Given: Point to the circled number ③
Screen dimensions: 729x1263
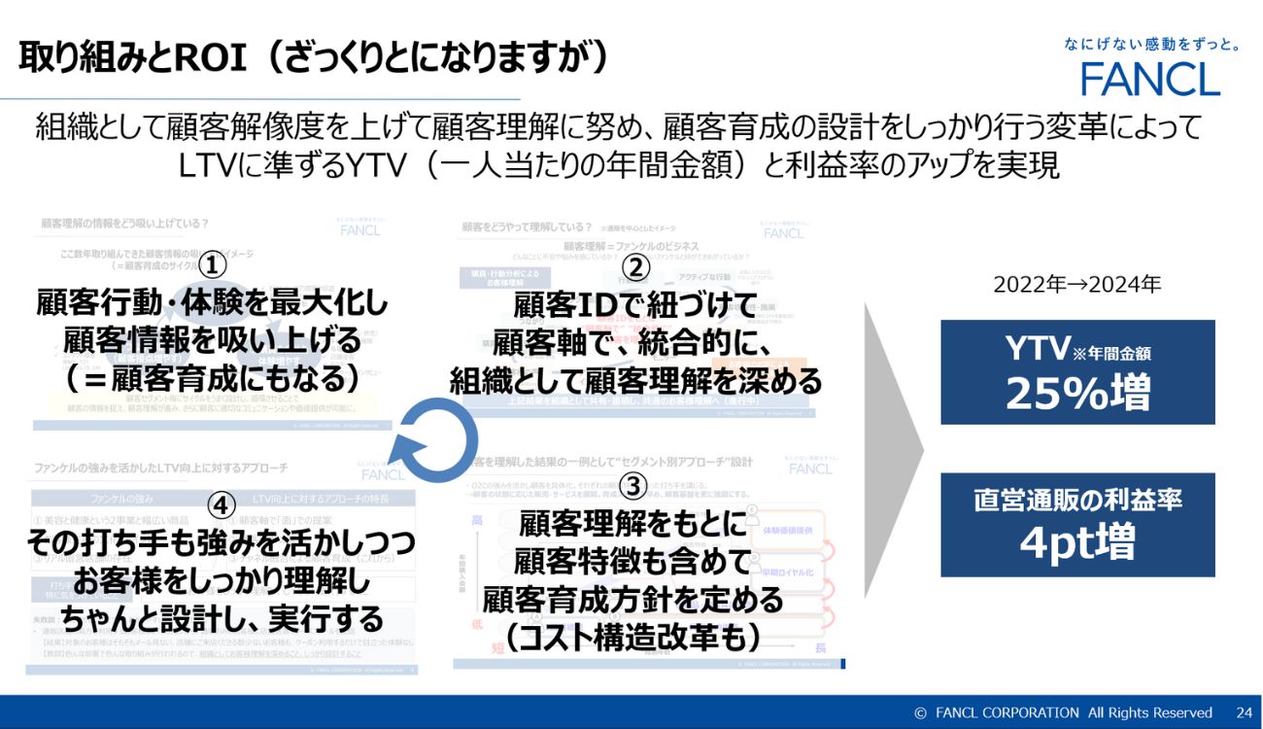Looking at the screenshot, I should click(632, 484).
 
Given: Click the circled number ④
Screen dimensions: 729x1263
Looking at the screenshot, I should click(222, 504).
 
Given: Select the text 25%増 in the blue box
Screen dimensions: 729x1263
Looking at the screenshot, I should click(1077, 393).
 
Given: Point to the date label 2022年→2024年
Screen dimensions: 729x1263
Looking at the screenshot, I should click(1077, 285).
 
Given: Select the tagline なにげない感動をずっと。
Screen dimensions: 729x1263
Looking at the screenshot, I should click(1151, 44).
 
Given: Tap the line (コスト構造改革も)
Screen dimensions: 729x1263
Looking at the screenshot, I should click(632, 635).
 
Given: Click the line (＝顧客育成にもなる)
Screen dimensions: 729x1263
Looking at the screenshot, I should click(212, 376).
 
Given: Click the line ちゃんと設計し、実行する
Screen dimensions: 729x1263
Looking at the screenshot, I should click(222, 617).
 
